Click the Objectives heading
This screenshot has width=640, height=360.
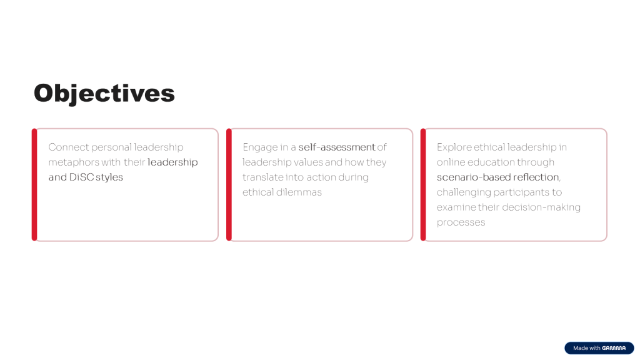click(104, 94)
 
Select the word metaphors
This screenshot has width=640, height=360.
click(74, 162)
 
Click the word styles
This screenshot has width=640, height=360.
click(109, 177)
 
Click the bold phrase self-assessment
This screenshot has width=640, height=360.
click(337, 147)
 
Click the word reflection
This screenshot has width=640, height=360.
click(536, 177)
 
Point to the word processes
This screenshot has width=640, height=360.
click(461, 223)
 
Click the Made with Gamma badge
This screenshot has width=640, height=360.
click(599, 347)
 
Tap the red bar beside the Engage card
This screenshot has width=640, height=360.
click(229, 185)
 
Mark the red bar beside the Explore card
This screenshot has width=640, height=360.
click(423, 185)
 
